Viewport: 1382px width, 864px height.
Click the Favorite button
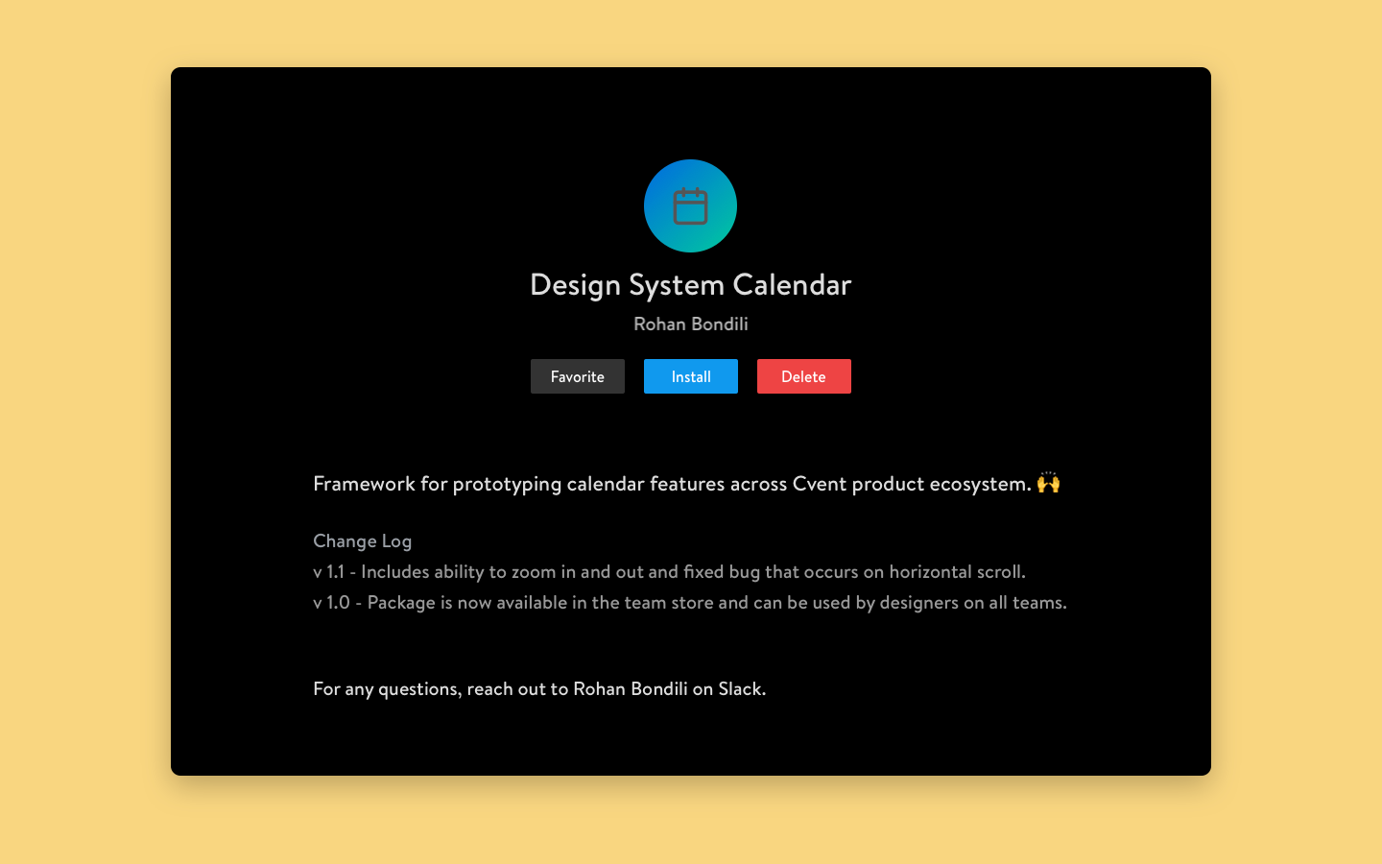pos(578,376)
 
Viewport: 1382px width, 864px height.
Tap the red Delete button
pos(804,376)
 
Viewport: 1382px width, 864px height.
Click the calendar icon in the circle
pos(690,206)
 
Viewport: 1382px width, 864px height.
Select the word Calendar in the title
pos(792,285)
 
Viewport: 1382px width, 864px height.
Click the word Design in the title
pos(575,286)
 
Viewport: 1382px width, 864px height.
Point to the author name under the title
pos(691,324)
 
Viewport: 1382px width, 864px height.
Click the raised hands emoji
pos(1048,483)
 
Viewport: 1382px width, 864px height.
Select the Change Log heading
pos(362,541)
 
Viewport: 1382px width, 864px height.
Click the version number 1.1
pos(335,572)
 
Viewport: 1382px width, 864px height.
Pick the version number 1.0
pos(338,603)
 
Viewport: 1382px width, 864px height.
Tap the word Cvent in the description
pos(820,484)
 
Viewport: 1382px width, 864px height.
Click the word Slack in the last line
pos(742,688)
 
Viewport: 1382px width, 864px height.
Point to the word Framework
pos(364,484)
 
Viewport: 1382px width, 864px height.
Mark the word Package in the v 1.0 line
pos(401,604)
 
